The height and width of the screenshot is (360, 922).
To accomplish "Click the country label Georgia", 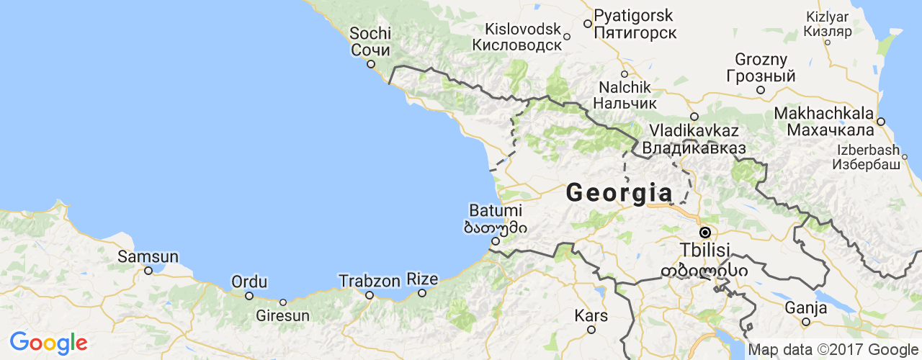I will pyautogui.click(x=619, y=193).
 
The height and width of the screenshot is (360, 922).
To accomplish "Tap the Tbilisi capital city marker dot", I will pyautogui.click(x=705, y=233).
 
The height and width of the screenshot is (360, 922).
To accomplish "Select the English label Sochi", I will pyautogui.click(x=370, y=33).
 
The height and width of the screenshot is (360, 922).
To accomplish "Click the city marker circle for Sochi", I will pyautogui.click(x=371, y=63).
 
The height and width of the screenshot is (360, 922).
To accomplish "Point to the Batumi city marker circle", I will pyautogui.click(x=495, y=241).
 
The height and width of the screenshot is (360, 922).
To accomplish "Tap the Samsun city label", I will pyautogui.click(x=148, y=256).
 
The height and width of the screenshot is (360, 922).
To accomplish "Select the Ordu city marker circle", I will pyautogui.click(x=249, y=295).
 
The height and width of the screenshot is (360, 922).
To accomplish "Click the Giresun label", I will pyautogui.click(x=283, y=315).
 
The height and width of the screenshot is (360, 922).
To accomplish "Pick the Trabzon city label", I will pyautogui.click(x=369, y=280).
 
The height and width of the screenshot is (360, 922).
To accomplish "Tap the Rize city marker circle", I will pyautogui.click(x=422, y=292).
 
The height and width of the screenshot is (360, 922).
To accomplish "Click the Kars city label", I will pyautogui.click(x=591, y=315).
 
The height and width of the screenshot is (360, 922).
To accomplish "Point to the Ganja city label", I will pyautogui.click(x=805, y=308).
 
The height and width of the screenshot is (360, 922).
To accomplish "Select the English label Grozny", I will pyautogui.click(x=761, y=59).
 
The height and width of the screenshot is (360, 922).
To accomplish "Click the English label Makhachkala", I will pyautogui.click(x=824, y=114).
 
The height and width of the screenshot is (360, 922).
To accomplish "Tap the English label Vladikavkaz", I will pyautogui.click(x=694, y=131).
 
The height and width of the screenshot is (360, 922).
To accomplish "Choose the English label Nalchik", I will pyautogui.click(x=625, y=87).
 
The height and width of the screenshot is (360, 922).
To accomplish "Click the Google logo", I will pyautogui.click(x=48, y=343).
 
